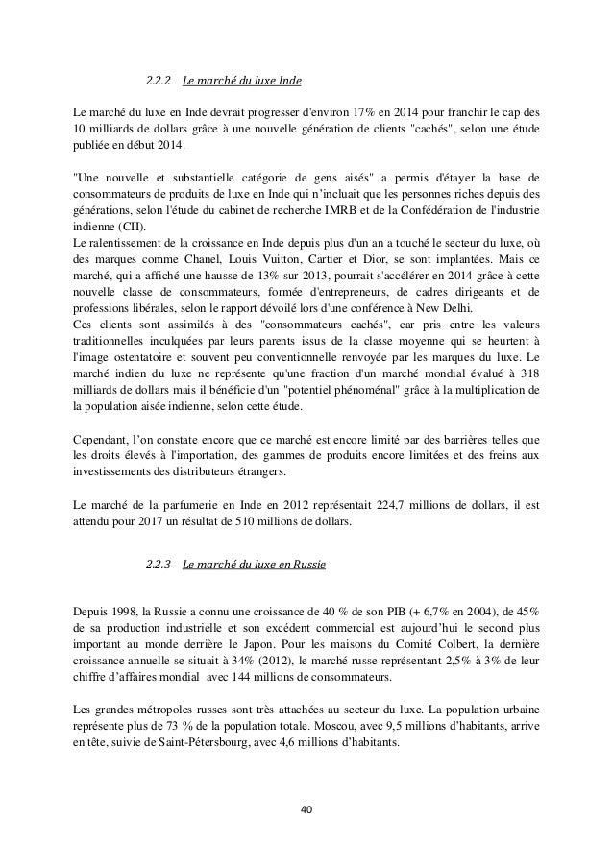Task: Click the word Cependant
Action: coord(103,440)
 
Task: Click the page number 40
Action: coord(306,808)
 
